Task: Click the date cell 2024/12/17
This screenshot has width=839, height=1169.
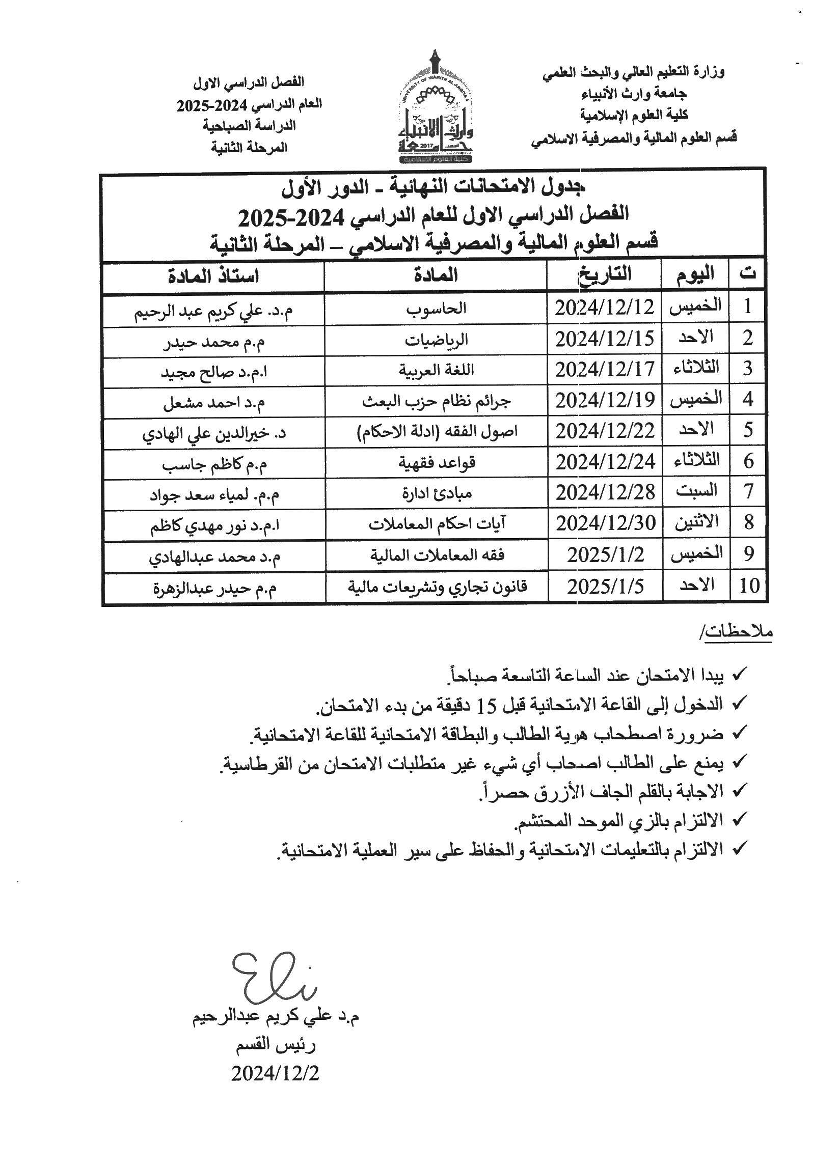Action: [604, 370]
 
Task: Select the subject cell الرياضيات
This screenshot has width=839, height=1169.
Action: [436, 340]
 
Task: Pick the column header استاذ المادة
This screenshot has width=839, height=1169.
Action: [213, 276]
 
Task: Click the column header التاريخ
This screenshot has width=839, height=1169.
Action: [604, 274]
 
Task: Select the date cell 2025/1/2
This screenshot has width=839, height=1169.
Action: [605, 555]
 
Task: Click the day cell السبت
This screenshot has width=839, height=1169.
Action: [696, 491]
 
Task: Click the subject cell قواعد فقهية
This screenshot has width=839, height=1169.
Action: [436, 462]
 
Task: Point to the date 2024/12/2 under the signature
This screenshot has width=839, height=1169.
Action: [276, 1073]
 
